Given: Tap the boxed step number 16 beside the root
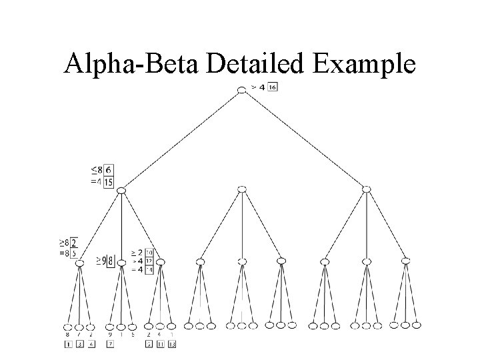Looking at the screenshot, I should (273, 87).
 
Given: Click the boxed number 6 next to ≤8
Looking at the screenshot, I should (109, 171).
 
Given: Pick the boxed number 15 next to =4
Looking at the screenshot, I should (109, 182).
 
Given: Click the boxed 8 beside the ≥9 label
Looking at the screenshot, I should (111, 260).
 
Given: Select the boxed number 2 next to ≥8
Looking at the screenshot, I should (73, 243).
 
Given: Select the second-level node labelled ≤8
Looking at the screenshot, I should (121, 191).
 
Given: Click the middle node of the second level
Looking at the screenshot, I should (242, 190).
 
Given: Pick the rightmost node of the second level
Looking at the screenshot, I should (366, 189).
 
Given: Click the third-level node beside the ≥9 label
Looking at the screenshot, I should (121, 263).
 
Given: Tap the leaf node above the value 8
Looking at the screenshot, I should (68, 327).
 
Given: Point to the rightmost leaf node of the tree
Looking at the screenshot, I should (417, 325).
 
